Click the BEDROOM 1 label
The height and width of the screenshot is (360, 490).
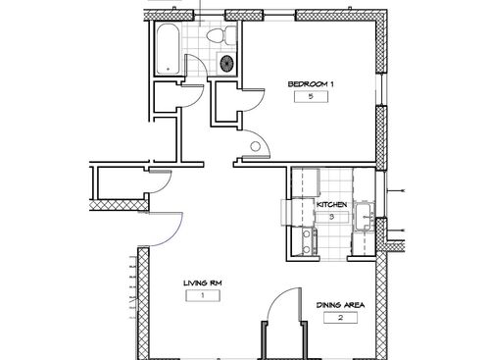[x=311, y=84]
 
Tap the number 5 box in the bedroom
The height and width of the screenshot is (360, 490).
[x=311, y=97]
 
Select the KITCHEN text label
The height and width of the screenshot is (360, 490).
[x=330, y=204]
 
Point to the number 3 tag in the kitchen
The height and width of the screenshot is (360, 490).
[x=331, y=216]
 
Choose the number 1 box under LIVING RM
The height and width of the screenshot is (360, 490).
[x=201, y=294]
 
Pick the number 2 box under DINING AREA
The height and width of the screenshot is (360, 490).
[x=340, y=318]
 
